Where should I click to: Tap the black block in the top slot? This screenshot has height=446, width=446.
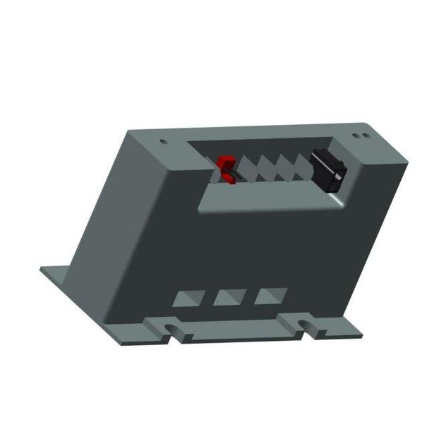point(329,169)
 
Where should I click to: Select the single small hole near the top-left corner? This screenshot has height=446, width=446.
point(164,141)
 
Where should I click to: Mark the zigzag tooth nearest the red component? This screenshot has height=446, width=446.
point(248,170)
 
